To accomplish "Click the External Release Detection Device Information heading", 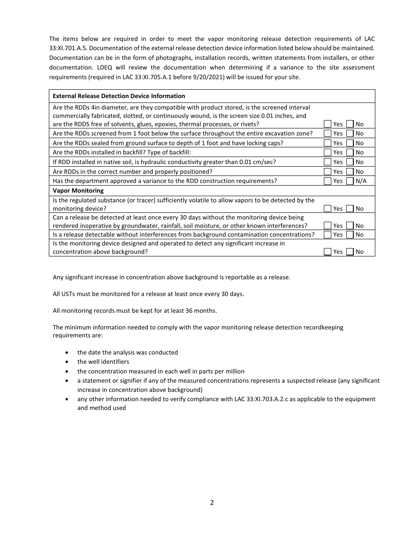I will tap(119, 96).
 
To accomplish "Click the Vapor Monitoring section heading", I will tap(78, 190).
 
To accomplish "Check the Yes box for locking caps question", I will tap(327, 143).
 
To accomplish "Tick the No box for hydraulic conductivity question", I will tap(350, 162).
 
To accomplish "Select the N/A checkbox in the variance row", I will tap(350, 181).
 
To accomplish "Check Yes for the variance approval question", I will tap(327, 181).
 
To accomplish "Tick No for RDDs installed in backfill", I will tap(350, 152).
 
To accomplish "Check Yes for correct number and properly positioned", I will tap(327, 172).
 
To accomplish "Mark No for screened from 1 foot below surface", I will tap(350, 133).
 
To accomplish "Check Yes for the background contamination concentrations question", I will tap(327, 234).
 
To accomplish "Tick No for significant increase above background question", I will tap(350, 252).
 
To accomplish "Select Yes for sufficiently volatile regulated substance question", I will tap(327, 208).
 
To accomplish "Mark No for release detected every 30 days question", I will tap(350, 226).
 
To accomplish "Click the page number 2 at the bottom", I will tap(212, 503).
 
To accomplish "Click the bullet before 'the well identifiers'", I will tap(66, 362).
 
